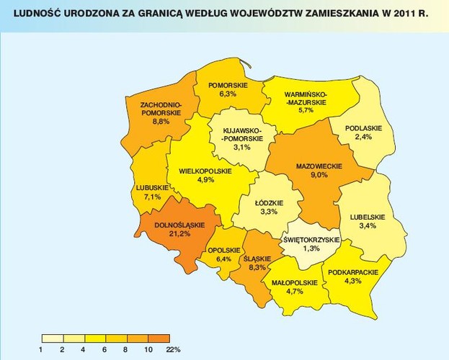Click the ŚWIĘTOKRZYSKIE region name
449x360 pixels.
pyautogui.click(x=310, y=239)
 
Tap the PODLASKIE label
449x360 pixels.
pyautogui.click(x=363, y=127)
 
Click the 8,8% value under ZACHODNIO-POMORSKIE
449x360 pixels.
pyautogui.click(x=161, y=122)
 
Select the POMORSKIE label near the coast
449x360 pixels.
pyautogui.click(x=227, y=85)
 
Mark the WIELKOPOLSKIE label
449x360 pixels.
pyautogui.click(x=204, y=171)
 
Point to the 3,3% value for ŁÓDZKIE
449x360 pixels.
pyautogui.click(x=268, y=212)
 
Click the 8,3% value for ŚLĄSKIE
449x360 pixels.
pyautogui.click(x=257, y=266)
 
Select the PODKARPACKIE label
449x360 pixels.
pyautogui.click(x=353, y=273)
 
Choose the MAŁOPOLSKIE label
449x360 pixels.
pyautogui.click(x=294, y=282)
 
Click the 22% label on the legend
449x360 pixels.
pyautogui.click(x=174, y=349)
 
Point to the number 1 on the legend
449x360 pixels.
pyautogui.click(x=43, y=349)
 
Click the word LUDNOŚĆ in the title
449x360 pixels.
pyautogui.click(x=28, y=12)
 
